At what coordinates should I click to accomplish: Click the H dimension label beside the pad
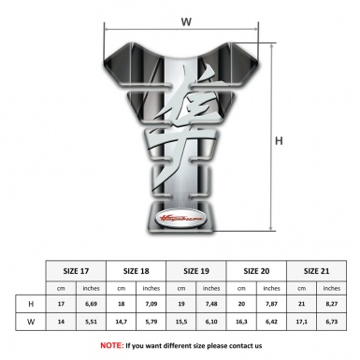280,142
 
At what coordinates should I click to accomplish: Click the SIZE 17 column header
77,269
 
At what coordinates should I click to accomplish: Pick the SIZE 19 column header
196,269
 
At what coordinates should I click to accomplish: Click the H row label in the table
32,304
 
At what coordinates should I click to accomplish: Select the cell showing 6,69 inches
91,304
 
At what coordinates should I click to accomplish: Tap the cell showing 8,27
331,304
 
